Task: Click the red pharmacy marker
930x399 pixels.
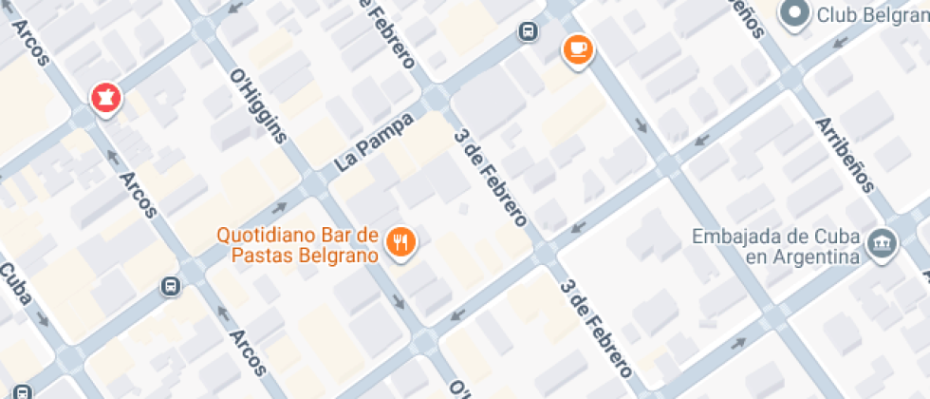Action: click(105, 97)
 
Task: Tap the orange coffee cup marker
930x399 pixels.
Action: click(577, 48)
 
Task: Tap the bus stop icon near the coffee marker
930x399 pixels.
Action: click(528, 31)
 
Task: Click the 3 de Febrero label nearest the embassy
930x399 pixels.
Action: click(596, 328)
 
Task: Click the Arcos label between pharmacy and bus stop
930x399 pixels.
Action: click(139, 183)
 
